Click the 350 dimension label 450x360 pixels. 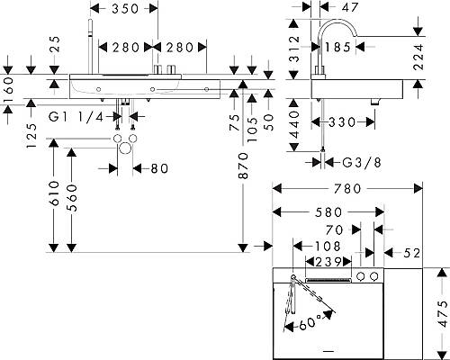[x=125, y=9]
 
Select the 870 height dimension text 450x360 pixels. [x=244, y=166]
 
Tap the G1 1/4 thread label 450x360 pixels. [x=76, y=117]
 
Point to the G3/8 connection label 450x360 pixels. [x=362, y=163]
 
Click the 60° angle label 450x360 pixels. [x=309, y=323]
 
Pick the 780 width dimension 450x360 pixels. [x=348, y=189]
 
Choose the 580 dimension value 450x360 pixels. [x=328, y=212]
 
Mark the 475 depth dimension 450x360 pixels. [x=443, y=314]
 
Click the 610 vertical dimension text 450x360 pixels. [x=55, y=193]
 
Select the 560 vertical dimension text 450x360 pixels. [x=72, y=198]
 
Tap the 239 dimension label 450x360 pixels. [x=328, y=262]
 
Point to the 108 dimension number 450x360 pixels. [x=328, y=247]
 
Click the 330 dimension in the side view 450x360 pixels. [x=342, y=122]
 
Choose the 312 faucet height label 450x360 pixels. [x=295, y=49]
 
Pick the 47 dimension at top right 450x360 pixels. [x=350, y=8]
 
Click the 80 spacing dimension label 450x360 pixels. [x=159, y=168]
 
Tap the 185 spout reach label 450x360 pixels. [x=337, y=47]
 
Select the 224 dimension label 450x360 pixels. [x=418, y=57]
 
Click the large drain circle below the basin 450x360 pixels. [x=125, y=148]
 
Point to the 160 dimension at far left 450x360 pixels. [x=8, y=91]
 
